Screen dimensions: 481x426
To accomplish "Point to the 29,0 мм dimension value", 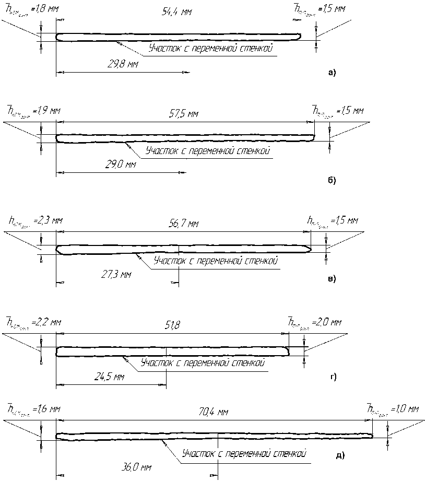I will click(120, 165).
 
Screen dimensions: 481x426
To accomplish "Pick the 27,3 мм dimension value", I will click(114, 274).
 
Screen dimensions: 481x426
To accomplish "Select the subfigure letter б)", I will click(332, 181).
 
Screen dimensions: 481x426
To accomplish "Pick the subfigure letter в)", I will click(332, 278).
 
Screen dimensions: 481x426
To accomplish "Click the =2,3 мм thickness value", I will click(48, 221).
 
